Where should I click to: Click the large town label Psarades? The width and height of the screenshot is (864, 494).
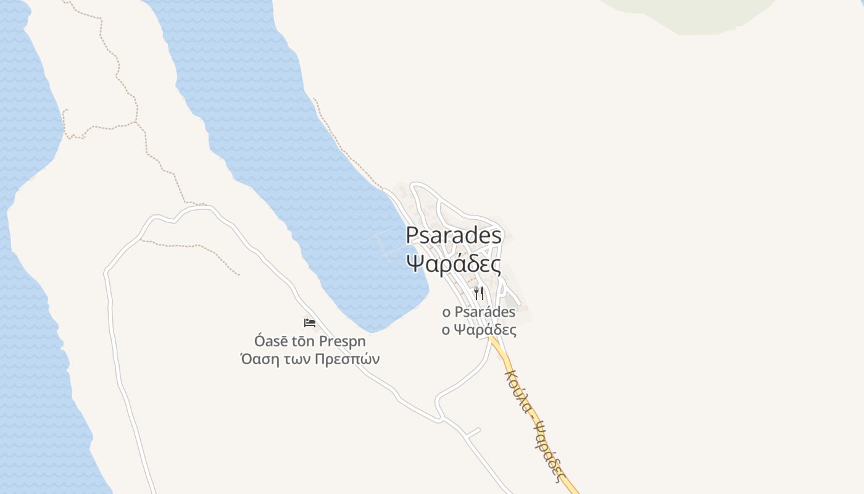point(454,235)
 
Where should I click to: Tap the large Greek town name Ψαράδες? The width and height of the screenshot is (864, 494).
point(454,262)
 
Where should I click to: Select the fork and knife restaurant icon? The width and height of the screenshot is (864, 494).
point(479,293)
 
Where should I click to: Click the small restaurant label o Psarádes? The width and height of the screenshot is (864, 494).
point(479,312)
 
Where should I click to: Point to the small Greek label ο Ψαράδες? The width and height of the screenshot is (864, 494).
point(479,330)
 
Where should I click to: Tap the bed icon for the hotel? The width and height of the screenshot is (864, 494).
point(310,323)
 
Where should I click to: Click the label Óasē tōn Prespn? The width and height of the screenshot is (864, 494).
point(310,341)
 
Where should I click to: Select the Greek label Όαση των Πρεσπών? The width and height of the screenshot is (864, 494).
point(310,359)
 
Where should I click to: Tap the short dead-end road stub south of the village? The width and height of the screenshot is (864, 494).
point(473,432)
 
